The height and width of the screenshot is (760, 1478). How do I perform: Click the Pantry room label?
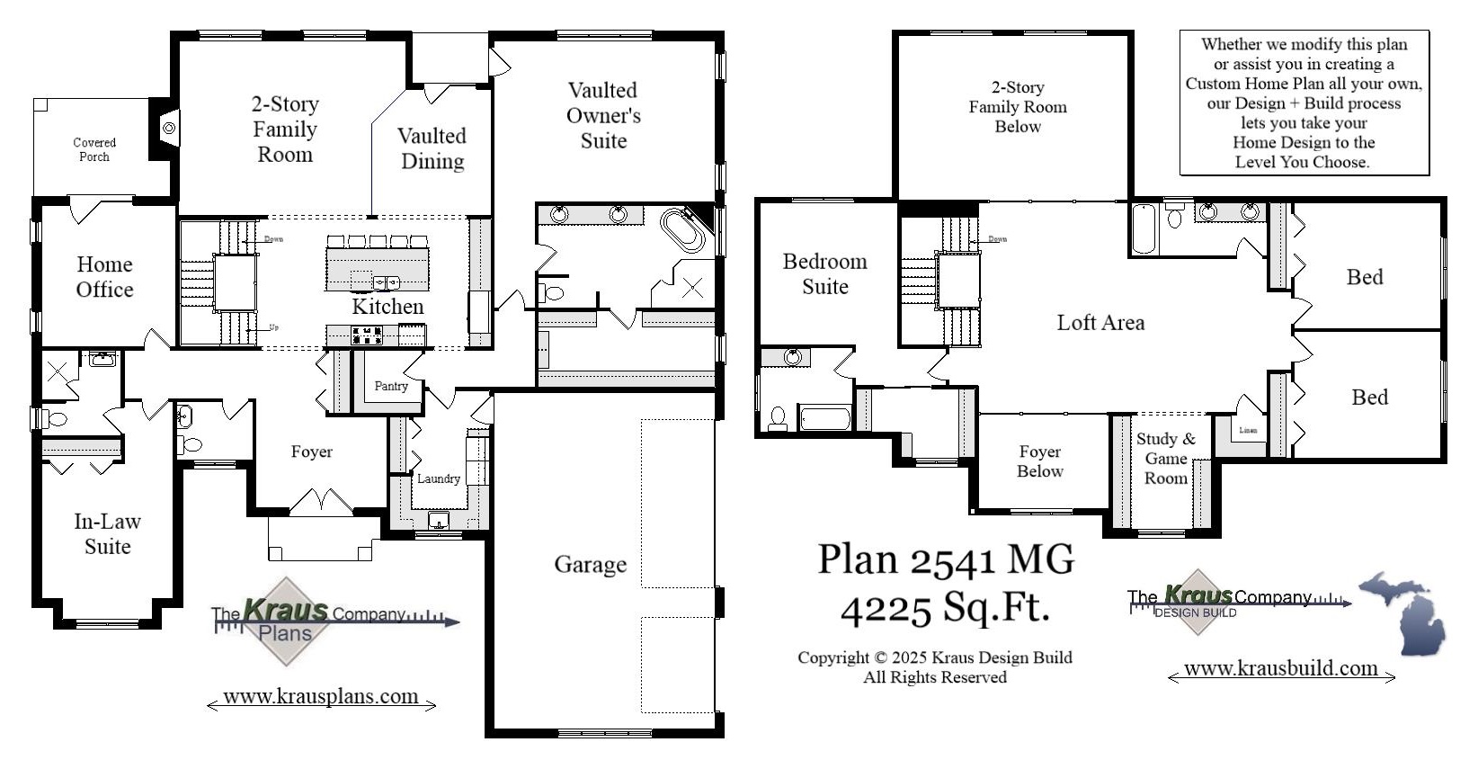coord(391,386)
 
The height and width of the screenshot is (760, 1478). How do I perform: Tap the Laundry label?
coord(439,478)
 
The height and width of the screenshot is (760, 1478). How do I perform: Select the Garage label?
coord(590,565)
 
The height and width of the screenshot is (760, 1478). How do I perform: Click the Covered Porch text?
coord(94,149)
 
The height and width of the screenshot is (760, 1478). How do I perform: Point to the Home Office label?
coord(104,277)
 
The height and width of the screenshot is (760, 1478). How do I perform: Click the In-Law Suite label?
coord(107,534)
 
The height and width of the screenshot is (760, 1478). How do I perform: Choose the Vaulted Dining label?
coord(432,148)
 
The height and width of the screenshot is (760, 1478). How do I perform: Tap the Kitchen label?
coord(387,307)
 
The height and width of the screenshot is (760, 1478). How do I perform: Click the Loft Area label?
coord(1100,323)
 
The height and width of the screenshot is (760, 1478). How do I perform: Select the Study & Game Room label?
coord(1165,459)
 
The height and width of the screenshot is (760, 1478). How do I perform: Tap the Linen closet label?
coord(1248,430)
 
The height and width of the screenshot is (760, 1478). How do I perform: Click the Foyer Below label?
coord(1039,461)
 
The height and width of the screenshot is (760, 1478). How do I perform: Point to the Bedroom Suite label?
coord(824,274)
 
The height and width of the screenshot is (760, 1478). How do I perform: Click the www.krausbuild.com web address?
coord(1280,668)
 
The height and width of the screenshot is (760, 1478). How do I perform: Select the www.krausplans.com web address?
coord(321,696)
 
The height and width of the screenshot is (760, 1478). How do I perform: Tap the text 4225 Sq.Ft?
coord(945,608)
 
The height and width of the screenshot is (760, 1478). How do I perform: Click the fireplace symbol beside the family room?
coord(168,128)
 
